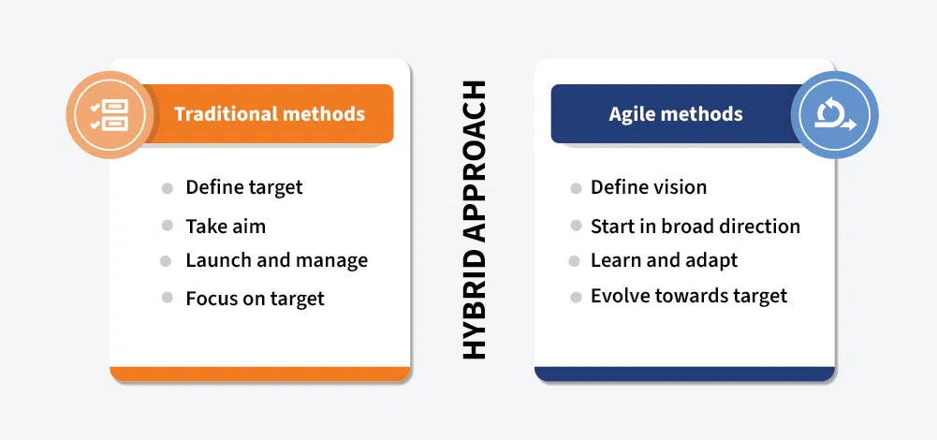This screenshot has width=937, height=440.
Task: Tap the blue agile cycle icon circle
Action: coord(833,115)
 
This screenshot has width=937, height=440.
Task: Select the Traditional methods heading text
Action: coord(270,114)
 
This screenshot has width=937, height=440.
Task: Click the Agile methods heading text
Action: coord(675,114)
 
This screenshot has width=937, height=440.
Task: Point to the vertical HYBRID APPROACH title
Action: coord(475,220)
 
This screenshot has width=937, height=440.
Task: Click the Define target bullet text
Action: coord(243,187)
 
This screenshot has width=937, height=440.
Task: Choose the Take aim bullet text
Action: coord(226,226)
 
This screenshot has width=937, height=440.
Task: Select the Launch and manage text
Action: coord(276,260)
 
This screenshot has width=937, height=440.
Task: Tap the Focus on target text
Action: coord(255,299)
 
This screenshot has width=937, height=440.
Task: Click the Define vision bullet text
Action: coord(648,187)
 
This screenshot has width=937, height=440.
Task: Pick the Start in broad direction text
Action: coord(695,226)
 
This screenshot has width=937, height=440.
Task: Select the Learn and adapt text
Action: coord(664,260)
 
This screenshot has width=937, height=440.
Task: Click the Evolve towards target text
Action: coord(688,296)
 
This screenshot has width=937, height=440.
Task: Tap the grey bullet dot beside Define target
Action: coord(168,188)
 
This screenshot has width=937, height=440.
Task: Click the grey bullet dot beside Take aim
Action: coord(168,226)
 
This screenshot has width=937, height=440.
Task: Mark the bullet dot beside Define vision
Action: coord(576,188)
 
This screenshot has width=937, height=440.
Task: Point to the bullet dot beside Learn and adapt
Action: coord(576,261)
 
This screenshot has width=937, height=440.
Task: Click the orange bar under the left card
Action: coord(260,374)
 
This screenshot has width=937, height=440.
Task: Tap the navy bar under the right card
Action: coord(684,374)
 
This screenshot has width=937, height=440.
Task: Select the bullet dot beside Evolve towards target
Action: coord(576,297)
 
